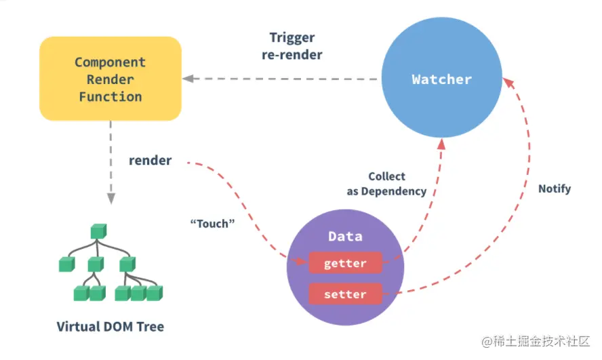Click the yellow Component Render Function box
111,79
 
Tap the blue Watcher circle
441,79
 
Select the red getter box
345,263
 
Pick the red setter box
345,294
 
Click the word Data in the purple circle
345,237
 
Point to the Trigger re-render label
292,46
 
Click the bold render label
150,161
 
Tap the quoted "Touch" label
212,223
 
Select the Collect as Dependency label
386,184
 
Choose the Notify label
554,188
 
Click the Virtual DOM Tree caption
111,327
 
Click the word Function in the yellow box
111,97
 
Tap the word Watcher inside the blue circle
441,79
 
